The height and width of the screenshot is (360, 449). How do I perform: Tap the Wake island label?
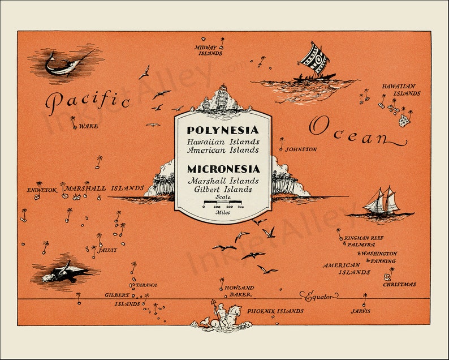[x=88, y=126]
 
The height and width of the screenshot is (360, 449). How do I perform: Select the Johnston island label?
[x=301, y=149]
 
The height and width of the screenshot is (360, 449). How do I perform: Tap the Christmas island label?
[x=399, y=284]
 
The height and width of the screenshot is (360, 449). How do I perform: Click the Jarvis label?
[x=360, y=311]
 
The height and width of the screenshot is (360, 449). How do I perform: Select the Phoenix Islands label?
[x=275, y=311]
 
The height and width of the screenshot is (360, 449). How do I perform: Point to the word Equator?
[x=320, y=296]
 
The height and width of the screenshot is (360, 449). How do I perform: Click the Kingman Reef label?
[x=363, y=238]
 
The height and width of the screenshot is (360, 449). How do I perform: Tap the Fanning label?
[x=383, y=261]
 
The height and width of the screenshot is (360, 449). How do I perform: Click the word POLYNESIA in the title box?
[x=223, y=130]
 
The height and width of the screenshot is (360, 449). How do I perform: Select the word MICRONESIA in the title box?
[x=223, y=169]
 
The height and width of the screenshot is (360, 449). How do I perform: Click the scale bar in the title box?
[x=223, y=202]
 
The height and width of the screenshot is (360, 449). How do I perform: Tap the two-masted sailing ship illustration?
[x=382, y=203]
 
